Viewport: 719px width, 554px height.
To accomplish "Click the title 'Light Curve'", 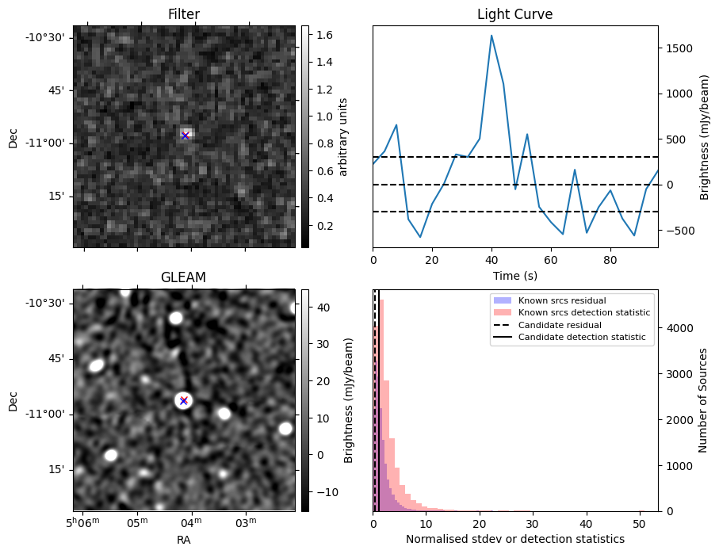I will [x=514, y=14].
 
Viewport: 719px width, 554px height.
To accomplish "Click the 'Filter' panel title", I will [x=184, y=14].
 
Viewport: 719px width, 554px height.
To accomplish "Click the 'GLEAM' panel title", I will [x=184, y=277].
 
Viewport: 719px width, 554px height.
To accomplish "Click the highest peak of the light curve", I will [x=491, y=35].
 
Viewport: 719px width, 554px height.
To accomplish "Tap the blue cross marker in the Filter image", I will [x=185, y=136].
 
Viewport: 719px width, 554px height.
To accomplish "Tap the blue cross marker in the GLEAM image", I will [x=183, y=400].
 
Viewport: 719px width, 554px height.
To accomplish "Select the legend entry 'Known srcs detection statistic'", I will [x=583, y=312].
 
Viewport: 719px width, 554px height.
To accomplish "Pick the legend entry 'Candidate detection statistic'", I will [x=581, y=338].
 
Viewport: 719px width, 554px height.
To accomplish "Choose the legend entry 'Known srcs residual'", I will [x=562, y=300].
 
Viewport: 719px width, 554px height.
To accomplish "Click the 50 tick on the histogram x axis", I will [x=639, y=523].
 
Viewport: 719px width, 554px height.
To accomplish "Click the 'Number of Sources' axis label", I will [x=703, y=400].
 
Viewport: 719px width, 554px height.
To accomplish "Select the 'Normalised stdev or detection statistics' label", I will [x=515, y=539].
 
